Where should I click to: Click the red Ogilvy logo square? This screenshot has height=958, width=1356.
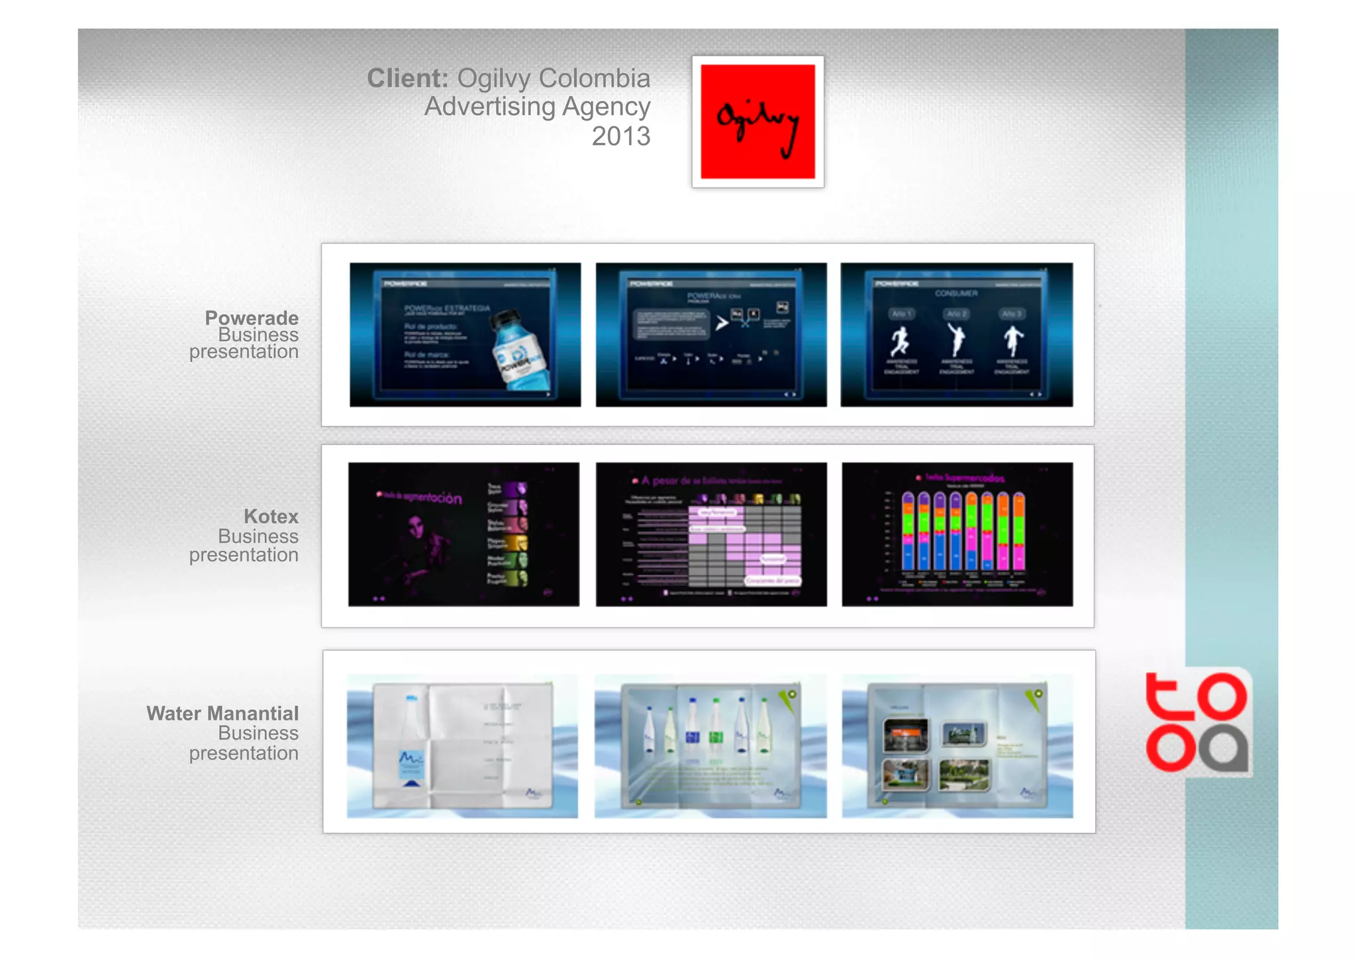pos(757,121)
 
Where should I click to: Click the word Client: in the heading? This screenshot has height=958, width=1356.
pos(407,79)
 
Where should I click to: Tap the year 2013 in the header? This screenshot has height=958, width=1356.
pos(620,136)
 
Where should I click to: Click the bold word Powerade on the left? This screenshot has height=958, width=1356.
pos(252,318)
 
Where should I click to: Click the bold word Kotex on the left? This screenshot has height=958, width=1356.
pos(271,516)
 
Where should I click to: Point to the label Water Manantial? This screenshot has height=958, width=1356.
pos(222,714)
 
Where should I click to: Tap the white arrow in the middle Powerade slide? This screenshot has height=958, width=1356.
pos(722,323)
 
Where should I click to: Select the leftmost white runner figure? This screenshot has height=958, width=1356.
pos(900,340)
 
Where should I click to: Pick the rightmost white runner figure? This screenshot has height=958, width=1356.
pos(1012,340)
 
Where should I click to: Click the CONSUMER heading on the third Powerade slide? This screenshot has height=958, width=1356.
pos(956,293)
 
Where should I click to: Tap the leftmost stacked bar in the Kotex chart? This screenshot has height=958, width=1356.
pos(908,532)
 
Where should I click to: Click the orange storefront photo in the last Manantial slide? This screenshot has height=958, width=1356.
pos(905,735)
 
